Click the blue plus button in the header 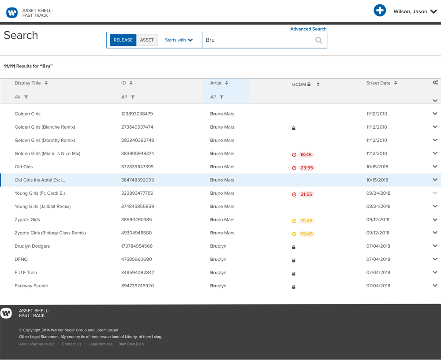coord(380,11)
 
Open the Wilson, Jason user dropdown coord(415,11)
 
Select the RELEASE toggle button coord(123,40)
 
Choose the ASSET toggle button coord(147,40)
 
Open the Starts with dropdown coord(179,40)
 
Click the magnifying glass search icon coord(318,41)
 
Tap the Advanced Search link coord(308,29)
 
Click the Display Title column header coord(28,83)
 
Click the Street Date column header coord(378,83)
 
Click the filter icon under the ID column coord(133,97)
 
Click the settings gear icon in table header coord(435,82)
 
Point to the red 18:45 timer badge coord(305,155)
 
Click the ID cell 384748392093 coord(138,180)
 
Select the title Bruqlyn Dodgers coord(32,246)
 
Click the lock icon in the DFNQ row coord(294,260)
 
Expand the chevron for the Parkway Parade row coord(435,286)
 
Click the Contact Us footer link coord(71,344)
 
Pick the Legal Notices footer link coord(100,344)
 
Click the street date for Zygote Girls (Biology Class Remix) coord(378,233)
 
